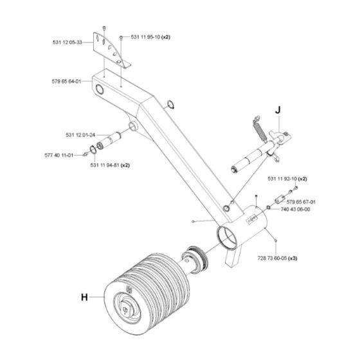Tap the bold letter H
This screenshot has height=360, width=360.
point(84,297)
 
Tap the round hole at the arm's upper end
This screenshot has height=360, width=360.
point(100,89)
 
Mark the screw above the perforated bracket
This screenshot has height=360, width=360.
point(104,28)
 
